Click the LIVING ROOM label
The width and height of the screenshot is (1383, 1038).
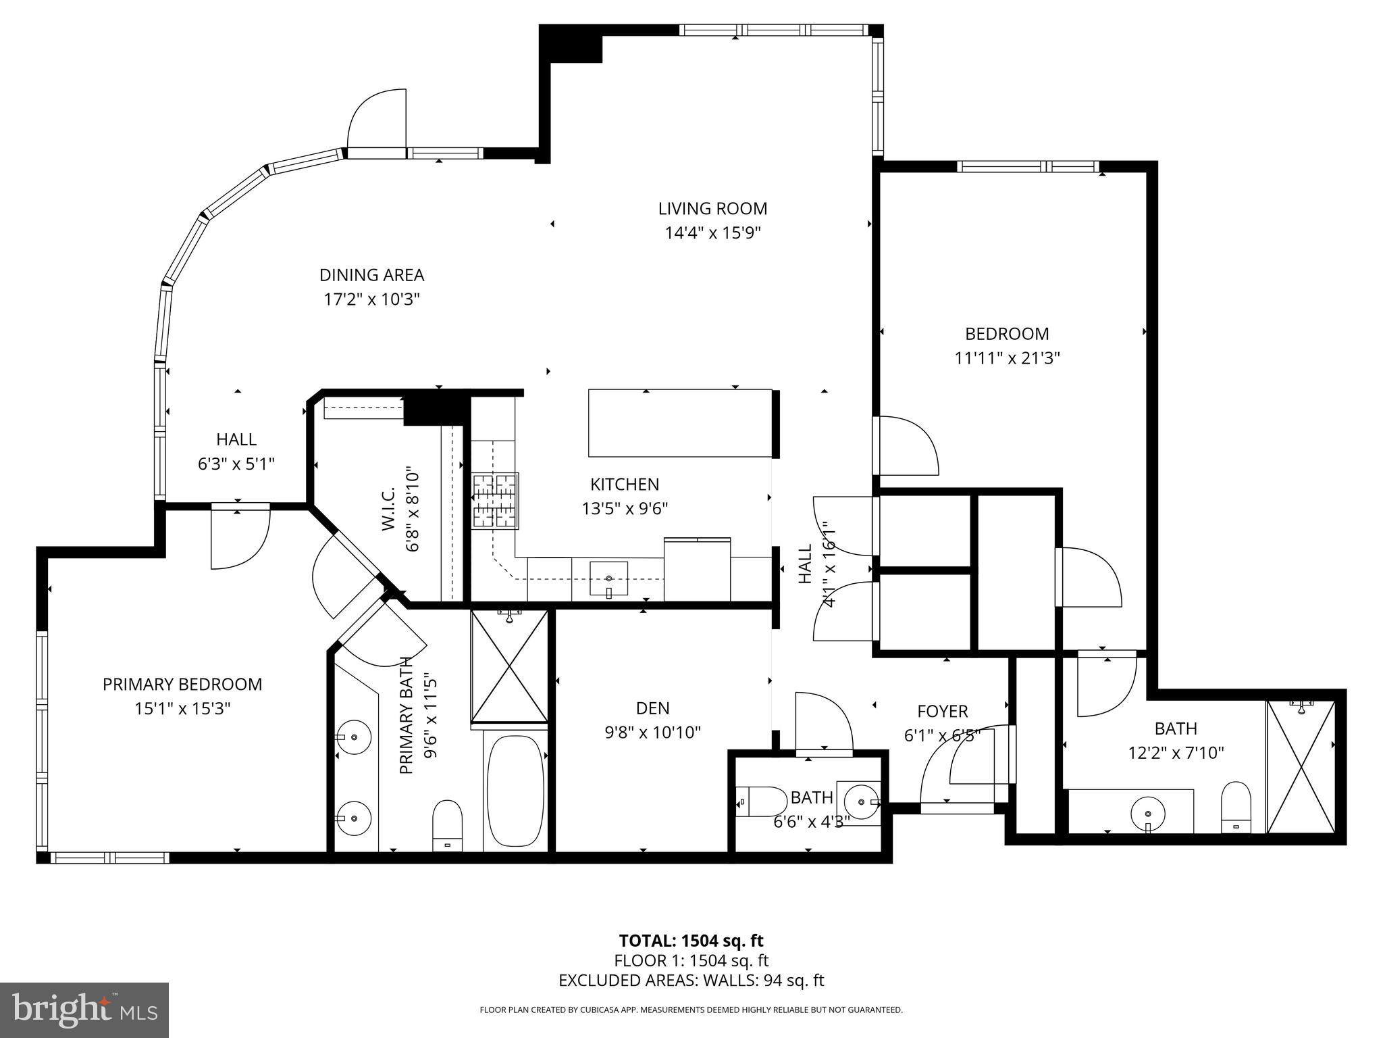tap(712, 208)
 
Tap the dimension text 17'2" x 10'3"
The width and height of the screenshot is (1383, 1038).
tap(371, 299)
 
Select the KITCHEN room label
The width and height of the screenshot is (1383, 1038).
tap(624, 484)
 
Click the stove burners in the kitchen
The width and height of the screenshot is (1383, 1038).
tap(495, 501)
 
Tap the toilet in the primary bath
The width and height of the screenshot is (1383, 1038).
tap(446, 824)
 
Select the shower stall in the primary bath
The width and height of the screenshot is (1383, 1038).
tap(509, 666)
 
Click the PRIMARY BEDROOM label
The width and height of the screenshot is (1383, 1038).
tap(182, 684)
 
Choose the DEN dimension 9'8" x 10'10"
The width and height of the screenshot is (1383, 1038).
tap(652, 732)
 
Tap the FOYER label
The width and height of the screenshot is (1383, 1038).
tap(942, 711)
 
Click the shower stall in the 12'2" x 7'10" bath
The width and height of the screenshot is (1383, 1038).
tap(1301, 767)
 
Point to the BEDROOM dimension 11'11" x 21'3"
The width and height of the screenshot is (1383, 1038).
tap(1006, 358)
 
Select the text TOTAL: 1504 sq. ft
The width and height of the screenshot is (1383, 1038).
tap(691, 941)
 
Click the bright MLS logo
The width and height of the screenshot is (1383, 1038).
tap(84, 1010)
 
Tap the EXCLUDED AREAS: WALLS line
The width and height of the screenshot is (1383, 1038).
tap(691, 981)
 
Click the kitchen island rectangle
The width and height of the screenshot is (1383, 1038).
tap(679, 423)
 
